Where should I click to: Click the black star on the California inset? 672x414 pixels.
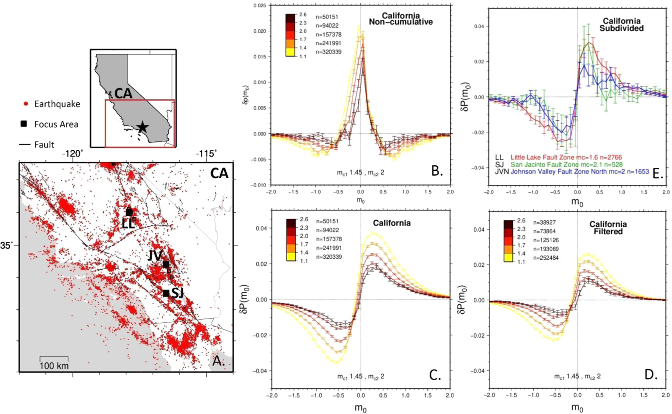coord(142,127)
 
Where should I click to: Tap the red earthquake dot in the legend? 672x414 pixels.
coord(25,104)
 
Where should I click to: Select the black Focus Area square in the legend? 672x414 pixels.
coord(24,124)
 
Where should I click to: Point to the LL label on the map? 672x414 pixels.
coord(128,224)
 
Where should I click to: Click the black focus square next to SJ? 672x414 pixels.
coord(166,293)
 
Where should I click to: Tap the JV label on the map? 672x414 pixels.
coord(155,256)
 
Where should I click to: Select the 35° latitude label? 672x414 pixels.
coord(7,245)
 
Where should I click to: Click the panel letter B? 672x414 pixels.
coord(437,171)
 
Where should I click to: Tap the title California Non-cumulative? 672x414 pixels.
coord(401,19)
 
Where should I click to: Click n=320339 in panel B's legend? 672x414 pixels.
coord(329,52)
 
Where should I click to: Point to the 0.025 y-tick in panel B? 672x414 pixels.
coord(260,6)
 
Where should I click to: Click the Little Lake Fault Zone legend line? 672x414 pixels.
coord(566,157)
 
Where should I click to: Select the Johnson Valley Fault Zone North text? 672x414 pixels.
coord(579,171)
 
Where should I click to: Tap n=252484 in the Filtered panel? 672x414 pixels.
coord(544,258)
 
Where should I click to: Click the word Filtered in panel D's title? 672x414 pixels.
coord(608,231)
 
